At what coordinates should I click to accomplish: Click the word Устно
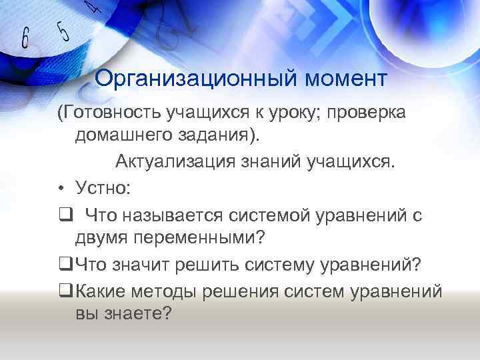(x=101, y=189)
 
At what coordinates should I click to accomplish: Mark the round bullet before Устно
(x=61, y=189)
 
